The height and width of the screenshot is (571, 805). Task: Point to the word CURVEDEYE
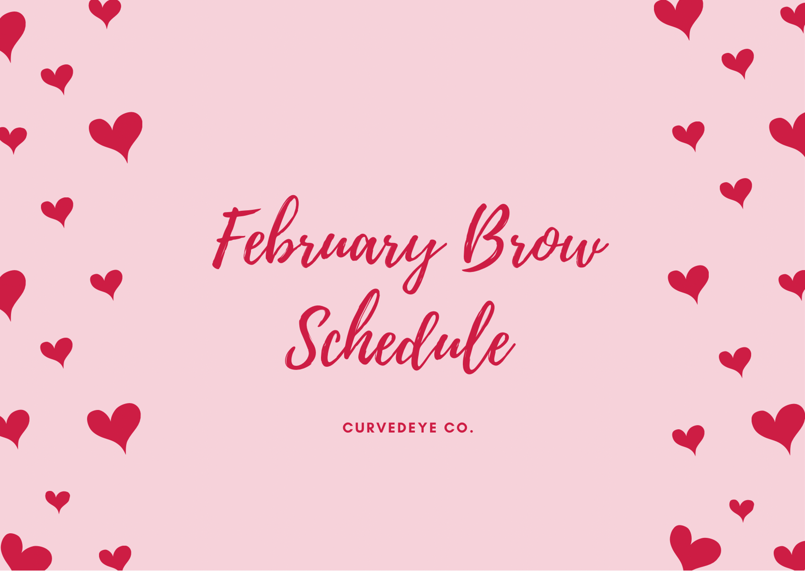click(x=390, y=428)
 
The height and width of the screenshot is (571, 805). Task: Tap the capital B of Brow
click(x=485, y=238)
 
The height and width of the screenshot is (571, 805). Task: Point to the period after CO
click(x=471, y=431)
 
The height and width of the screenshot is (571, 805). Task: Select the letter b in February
click(x=280, y=233)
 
